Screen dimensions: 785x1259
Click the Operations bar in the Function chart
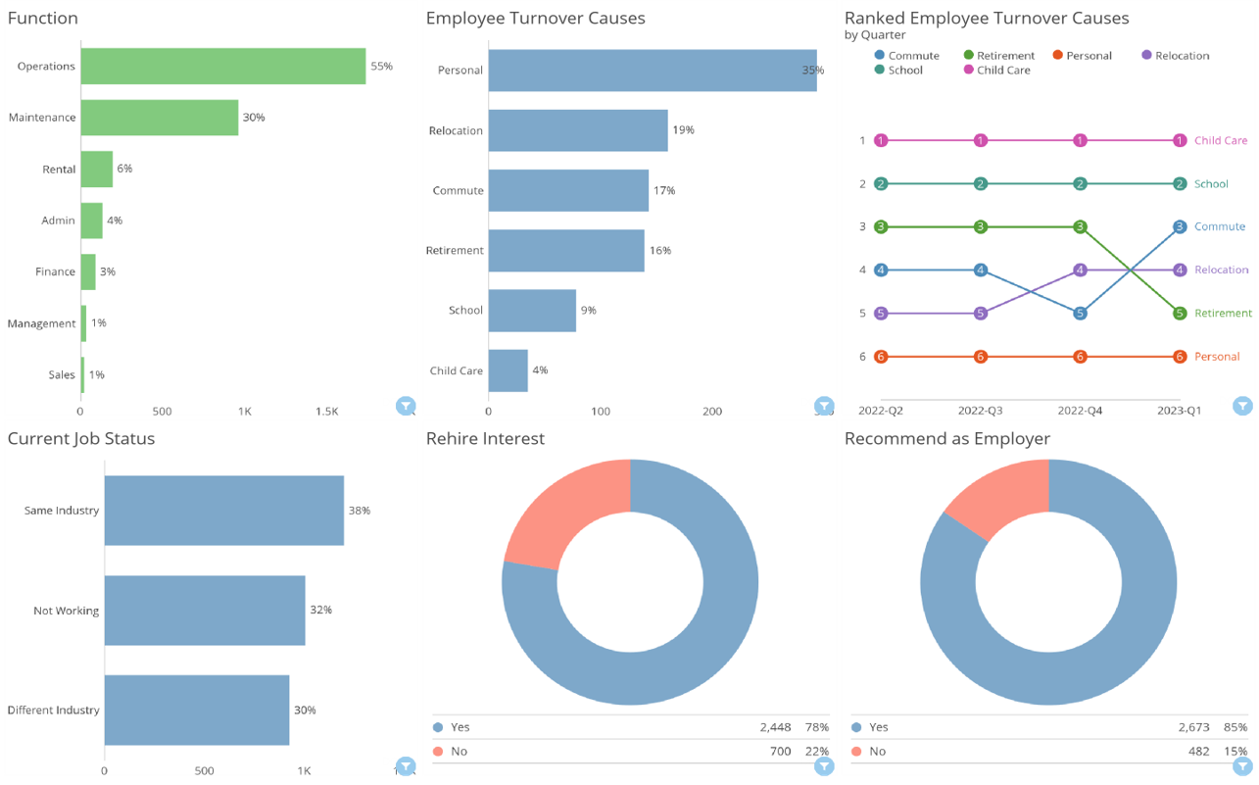coord(222,67)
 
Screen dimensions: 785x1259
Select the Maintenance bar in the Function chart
coord(159,118)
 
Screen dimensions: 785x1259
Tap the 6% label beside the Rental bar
coord(124,169)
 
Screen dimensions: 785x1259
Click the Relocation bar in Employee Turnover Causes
coord(578,130)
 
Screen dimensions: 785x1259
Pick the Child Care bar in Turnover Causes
coord(508,370)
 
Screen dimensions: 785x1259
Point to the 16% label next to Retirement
coord(660,251)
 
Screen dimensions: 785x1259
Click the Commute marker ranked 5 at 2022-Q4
coord(1080,314)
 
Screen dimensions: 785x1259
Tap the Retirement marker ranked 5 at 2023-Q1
coord(1180,314)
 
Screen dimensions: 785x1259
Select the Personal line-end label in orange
coord(1217,357)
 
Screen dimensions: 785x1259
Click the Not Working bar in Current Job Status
coord(205,611)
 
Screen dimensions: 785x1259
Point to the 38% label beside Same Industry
coord(359,511)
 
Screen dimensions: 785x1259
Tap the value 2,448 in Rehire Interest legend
coord(774,727)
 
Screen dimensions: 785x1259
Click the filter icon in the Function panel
coord(406,406)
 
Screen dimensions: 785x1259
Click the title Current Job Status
coord(80,438)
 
